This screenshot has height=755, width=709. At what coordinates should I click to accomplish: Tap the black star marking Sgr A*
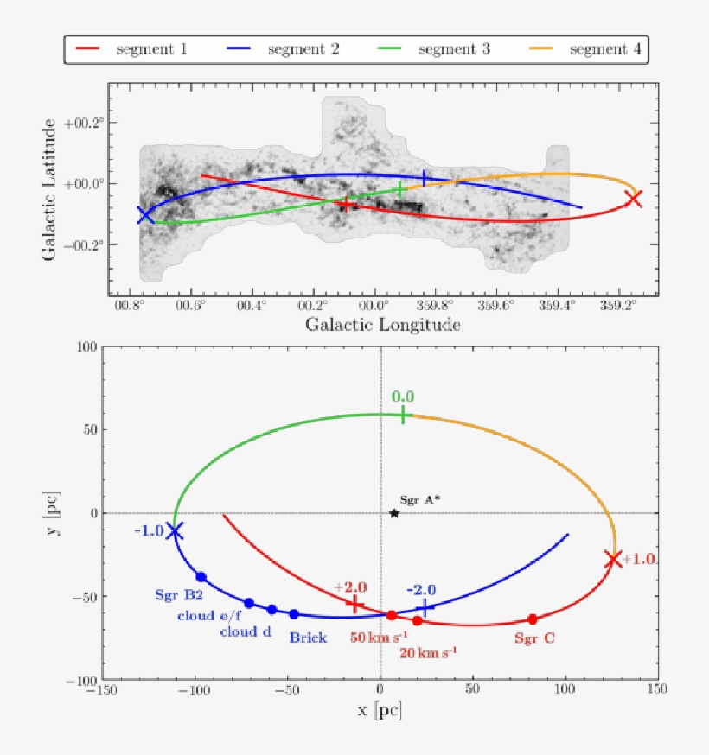pos(394,513)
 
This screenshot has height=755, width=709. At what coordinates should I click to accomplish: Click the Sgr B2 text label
pos(180,596)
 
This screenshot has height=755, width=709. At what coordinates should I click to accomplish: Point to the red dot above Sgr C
pos(533,619)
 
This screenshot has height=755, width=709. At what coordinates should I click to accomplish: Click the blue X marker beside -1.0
pos(175,531)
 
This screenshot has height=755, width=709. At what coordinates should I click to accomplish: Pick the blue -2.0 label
pos(421,590)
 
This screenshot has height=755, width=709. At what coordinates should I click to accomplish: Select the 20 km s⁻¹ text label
pos(429,652)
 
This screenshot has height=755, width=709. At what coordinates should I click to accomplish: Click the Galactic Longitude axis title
pos(382,326)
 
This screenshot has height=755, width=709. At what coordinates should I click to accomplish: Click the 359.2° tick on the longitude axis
pos(619,306)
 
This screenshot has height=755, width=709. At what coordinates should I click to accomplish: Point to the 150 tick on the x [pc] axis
pos(657,691)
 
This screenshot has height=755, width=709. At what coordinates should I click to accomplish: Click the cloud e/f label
pos(208,616)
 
